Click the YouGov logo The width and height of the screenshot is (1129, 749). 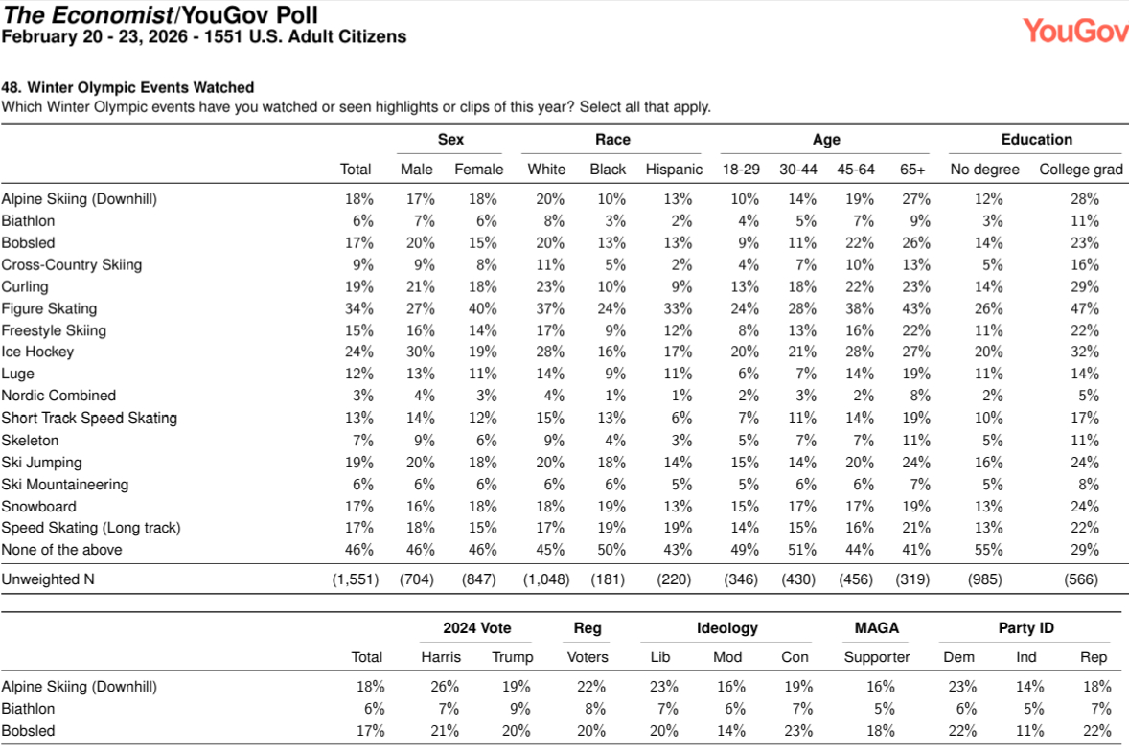coord(1074,31)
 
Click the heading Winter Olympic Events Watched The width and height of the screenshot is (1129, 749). coord(127,88)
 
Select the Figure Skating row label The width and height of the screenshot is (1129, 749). coord(49,308)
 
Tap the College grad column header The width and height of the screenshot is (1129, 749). coord(1081,170)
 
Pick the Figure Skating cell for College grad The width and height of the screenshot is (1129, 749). coord(1085,308)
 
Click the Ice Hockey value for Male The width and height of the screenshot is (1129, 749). coord(419,352)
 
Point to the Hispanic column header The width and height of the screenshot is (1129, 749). coord(674,170)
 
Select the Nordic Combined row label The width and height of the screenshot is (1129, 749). coord(58,396)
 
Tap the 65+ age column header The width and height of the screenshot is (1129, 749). coord(912,170)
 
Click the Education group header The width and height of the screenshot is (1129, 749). coord(1036,140)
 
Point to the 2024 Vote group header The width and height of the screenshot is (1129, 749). coord(476,628)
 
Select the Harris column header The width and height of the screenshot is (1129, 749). coord(441,657)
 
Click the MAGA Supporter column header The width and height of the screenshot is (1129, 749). coord(876,657)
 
